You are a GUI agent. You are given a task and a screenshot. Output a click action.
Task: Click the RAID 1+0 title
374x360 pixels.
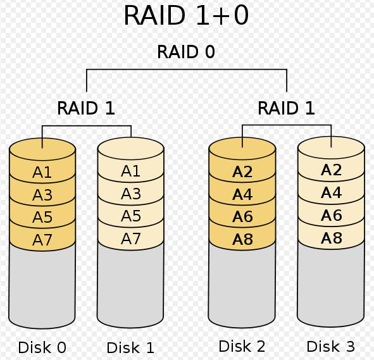186,15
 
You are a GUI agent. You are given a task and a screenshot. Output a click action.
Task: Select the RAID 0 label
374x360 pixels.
186,52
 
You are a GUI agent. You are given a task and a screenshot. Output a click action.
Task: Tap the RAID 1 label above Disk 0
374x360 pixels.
86,108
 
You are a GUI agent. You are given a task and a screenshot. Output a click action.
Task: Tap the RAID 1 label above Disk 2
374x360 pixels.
286,108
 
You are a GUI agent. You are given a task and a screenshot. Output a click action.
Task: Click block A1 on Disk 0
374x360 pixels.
42,172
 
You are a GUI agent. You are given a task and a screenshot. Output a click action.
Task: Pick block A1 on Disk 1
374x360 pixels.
130,171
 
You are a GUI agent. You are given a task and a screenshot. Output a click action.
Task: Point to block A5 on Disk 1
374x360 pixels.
131,216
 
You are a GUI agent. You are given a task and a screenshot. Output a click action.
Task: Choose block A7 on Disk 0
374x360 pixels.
42,240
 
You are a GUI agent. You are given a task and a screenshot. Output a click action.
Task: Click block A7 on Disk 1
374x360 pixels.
131,239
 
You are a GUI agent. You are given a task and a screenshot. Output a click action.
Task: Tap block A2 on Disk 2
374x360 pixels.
242,171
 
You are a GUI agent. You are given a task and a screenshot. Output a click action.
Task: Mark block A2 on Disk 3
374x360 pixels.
332,170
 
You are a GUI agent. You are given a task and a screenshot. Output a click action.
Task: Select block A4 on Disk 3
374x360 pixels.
332,192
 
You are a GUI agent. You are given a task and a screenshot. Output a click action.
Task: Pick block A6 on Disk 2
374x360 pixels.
242,216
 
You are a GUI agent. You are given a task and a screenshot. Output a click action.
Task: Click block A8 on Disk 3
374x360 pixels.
332,238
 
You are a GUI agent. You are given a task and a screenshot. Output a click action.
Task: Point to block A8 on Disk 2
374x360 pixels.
242,239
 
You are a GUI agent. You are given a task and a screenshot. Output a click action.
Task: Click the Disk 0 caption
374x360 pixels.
42,347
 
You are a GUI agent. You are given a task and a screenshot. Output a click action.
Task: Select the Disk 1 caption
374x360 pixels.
130,347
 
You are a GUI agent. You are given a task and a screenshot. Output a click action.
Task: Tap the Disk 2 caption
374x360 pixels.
242,346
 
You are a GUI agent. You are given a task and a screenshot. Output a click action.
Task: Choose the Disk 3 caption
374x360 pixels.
331,346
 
